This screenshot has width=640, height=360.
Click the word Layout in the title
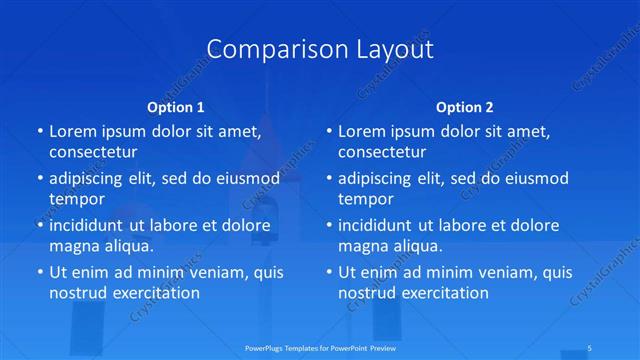point(388,49)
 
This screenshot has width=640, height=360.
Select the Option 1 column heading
point(176,106)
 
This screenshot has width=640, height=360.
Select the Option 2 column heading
point(465,106)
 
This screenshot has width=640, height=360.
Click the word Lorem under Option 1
point(73,131)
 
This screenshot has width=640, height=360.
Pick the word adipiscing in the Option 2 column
point(378,178)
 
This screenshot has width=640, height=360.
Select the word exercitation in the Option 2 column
point(442,293)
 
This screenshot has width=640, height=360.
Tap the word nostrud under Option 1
point(78,293)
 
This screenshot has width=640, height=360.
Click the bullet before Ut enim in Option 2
point(329,271)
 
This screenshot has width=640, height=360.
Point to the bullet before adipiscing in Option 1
point(39,178)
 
